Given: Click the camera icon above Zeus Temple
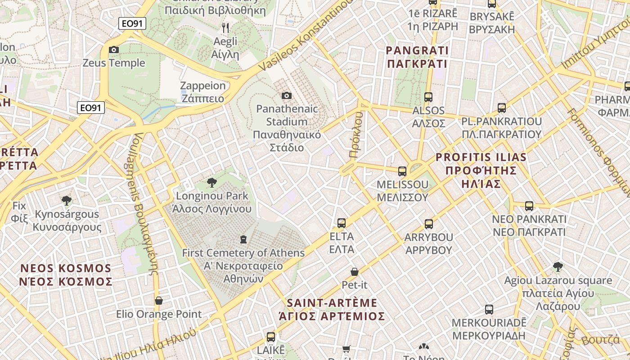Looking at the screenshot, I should coord(114,49).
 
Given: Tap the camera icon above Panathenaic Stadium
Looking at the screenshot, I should coord(286,95).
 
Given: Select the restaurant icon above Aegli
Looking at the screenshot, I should coord(225,28).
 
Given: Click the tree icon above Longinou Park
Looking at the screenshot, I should coord(211,182).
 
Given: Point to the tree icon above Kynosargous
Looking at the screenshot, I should coord(67,200).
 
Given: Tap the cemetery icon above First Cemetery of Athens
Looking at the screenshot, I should coord(243,239).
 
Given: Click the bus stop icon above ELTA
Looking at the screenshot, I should coord(342,223).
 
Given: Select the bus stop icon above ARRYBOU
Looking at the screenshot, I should coord(428,224).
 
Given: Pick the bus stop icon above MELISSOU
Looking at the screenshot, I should coord(402,171).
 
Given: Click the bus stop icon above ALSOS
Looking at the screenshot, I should coord(428,97).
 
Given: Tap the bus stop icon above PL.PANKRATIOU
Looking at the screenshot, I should coord(502,108).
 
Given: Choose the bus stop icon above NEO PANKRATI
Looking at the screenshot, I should coord(529,206).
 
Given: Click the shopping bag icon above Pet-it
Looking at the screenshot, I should coord(355,271).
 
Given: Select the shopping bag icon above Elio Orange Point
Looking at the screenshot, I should coord(158,300).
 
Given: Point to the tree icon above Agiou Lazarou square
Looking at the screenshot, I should coord(558,267).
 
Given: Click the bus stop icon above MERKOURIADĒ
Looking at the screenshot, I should coord(489,309).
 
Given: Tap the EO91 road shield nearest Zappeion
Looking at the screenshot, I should coord(91,108).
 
